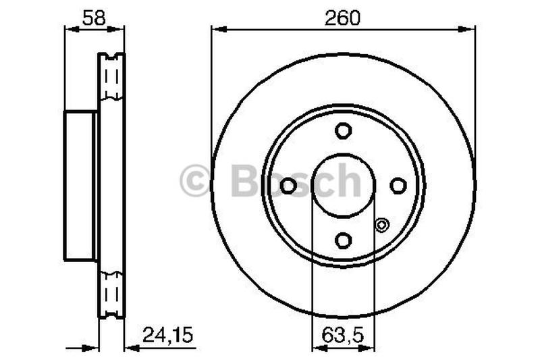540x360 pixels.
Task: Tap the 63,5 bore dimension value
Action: [344, 334]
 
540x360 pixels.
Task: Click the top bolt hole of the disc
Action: [344, 130]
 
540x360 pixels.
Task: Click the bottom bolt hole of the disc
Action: [344, 240]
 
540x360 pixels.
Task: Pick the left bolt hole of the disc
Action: [288, 185]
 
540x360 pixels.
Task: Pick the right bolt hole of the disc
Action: [398, 185]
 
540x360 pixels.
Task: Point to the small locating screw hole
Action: [382, 225]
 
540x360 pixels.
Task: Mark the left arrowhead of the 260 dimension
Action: [216, 28]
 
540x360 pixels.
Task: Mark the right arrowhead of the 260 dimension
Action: [470, 28]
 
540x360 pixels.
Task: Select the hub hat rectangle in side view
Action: [80, 186]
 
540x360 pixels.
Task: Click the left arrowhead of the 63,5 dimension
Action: [317, 349]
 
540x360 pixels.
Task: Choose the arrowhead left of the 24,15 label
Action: [130, 349]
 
